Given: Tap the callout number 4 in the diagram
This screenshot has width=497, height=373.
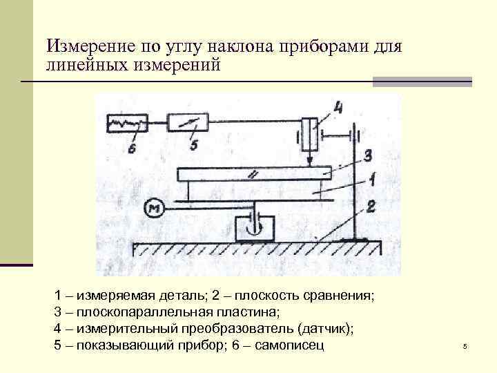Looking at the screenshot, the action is (337, 108).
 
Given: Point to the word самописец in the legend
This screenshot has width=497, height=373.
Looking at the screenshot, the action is (289, 344).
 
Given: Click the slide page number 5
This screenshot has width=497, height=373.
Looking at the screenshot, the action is (465, 346).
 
